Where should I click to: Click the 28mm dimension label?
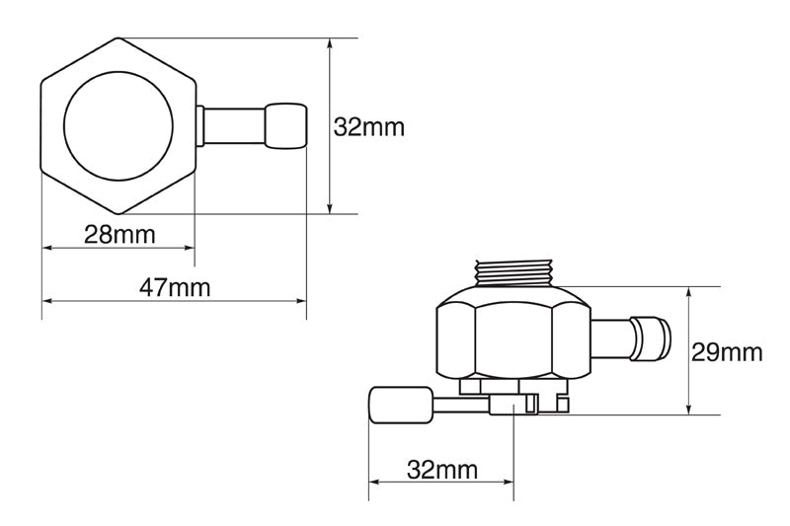point(119,235)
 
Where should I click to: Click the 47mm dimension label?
point(175,288)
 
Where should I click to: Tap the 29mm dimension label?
point(726,352)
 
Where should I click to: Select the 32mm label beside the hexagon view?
point(368,127)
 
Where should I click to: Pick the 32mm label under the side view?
point(441,470)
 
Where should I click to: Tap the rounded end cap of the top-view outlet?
point(285,126)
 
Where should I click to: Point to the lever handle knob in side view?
point(401,405)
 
